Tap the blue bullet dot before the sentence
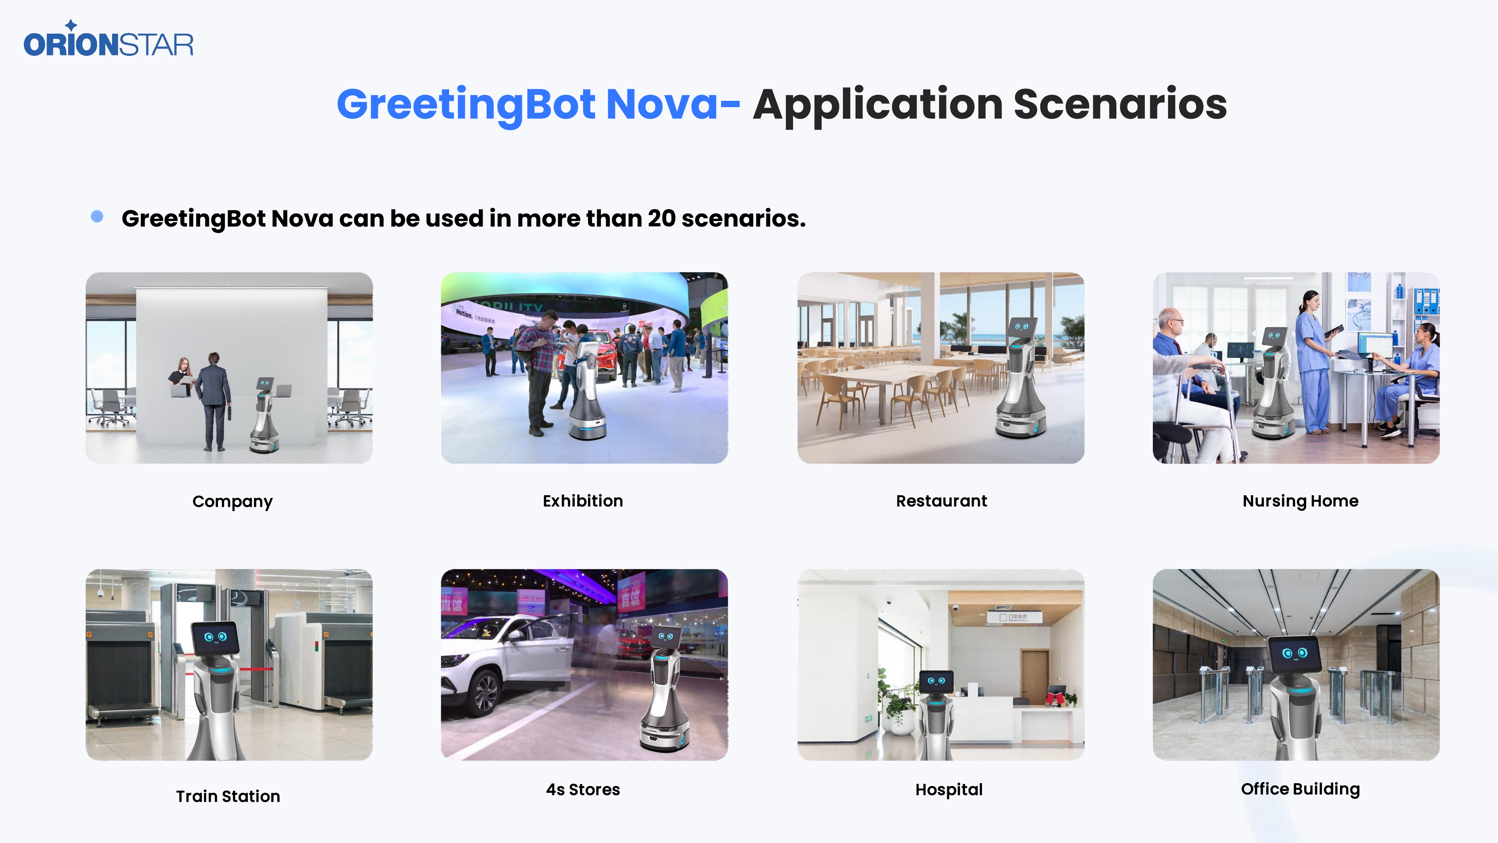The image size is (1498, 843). coord(97,216)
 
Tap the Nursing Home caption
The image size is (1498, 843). coord(1300,501)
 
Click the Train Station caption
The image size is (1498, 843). coord(228,796)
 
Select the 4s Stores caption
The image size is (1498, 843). coord(583,790)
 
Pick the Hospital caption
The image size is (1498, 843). coord(949,790)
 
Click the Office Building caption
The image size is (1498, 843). coord(1300,789)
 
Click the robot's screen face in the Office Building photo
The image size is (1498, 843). coord(1294,654)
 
